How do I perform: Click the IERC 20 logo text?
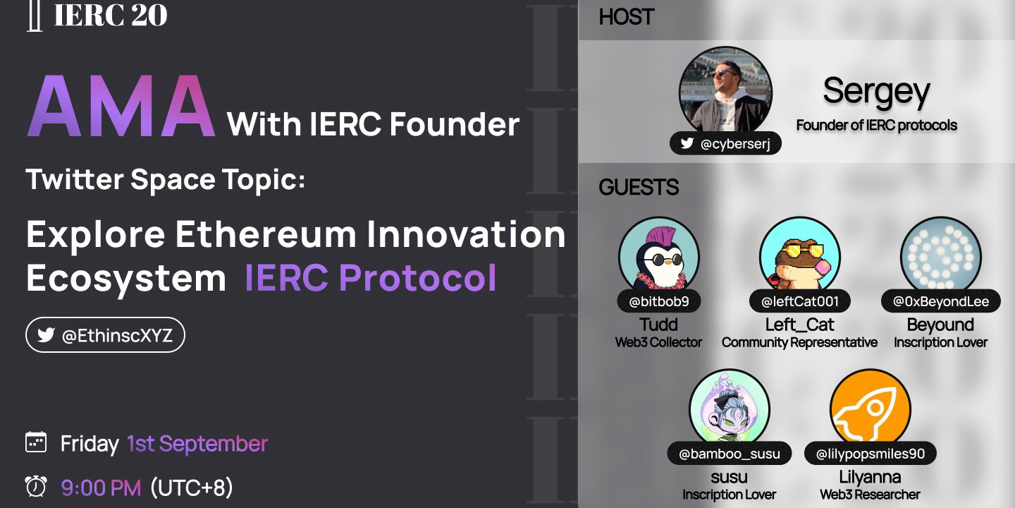click(111, 15)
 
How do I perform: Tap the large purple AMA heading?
click(121, 106)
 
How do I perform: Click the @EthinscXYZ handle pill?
click(105, 335)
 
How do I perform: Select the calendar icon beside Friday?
click(36, 442)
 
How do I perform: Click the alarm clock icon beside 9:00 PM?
click(36, 486)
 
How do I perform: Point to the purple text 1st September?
click(197, 444)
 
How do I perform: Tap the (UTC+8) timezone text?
click(192, 488)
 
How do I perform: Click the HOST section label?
click(626, 17)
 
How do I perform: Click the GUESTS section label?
click(639, 188)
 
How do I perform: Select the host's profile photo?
click(725, 92)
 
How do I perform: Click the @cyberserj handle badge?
click(725, 143)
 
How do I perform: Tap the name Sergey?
click(876, 92)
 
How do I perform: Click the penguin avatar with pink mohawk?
click(659, 255)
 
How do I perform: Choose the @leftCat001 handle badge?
click(800, 301)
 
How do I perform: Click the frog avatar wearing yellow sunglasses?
click(800, 255)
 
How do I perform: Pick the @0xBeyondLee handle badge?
click(941, 301)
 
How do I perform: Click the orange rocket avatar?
click(871, 408)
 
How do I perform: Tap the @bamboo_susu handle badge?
click(730, 454)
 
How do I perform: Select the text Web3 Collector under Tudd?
click(658, 342)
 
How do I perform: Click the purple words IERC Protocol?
click(371, 277)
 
